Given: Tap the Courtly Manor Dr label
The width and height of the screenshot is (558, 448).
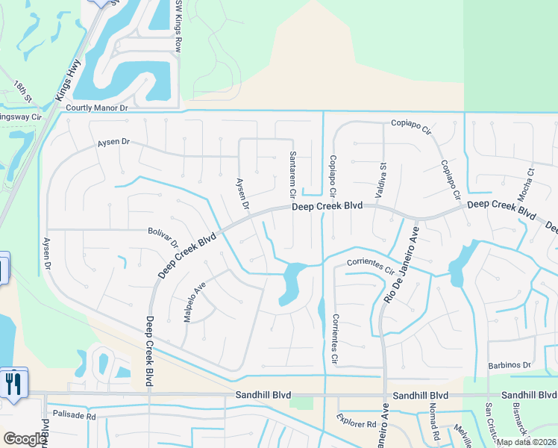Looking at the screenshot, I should point(98,108).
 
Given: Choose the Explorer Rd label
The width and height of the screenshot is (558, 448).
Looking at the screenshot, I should point(356,423).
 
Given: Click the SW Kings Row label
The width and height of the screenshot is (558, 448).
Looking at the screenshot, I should point(178,19).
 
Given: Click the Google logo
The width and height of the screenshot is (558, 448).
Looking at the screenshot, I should point(25,439).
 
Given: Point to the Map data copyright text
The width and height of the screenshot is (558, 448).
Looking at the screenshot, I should point(525,442).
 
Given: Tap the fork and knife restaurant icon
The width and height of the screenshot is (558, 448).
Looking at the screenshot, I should point(13,384).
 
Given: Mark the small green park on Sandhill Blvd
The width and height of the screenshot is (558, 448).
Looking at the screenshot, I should point(301,403).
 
